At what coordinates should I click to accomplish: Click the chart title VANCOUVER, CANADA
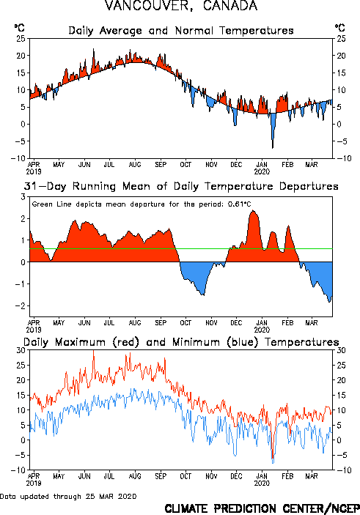[x=181, y=6]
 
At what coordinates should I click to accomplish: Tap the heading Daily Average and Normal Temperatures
[x=181, y=31]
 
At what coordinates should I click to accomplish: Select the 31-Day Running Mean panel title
[x=181, y=187]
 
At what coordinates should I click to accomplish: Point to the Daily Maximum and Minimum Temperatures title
[x=181, y=342]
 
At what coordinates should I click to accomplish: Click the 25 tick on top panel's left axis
[x=21, y=39]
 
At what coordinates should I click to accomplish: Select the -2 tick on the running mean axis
[x=21, y=305]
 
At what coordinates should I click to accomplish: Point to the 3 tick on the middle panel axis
[x=23, y=197]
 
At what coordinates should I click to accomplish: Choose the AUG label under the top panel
[x=135, y=165]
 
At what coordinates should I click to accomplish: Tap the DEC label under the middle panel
[x=236, y=323]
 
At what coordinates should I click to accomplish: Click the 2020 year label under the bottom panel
[x=262, y=483]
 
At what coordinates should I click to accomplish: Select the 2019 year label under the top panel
[x=34, y=171]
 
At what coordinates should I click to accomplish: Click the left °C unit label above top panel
[x=19, y=28]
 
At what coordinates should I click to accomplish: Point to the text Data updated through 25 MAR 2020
[x=68, y=496]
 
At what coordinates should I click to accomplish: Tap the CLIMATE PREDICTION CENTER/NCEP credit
[x=262, y=508]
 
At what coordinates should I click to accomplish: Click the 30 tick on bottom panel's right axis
[x=341, y=350]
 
